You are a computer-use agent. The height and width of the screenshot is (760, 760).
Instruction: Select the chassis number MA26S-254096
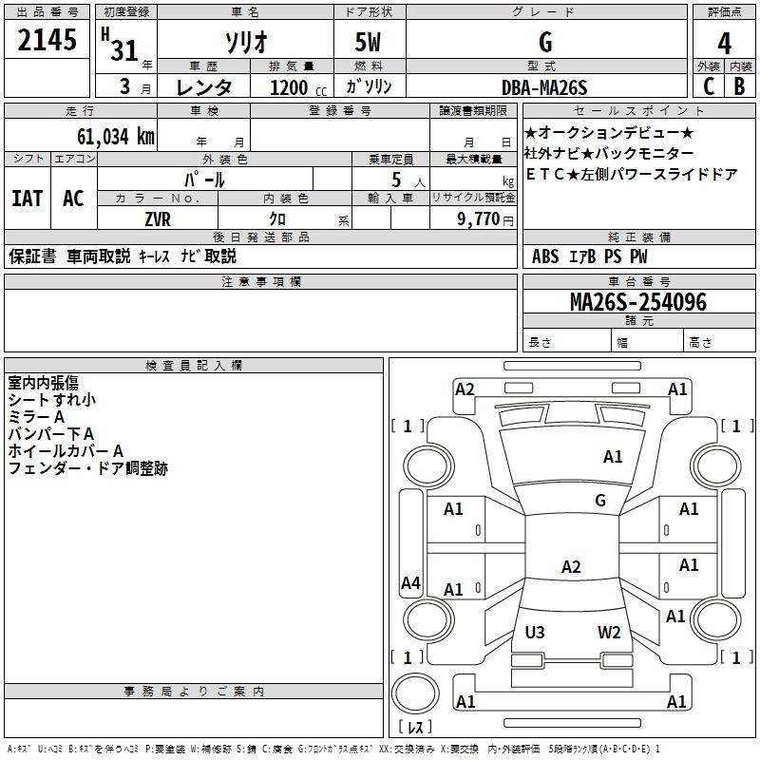pos(637,302)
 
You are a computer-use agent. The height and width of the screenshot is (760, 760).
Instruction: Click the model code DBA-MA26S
pos(545,87)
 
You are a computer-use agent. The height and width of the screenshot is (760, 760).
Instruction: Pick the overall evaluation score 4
pos(725,43)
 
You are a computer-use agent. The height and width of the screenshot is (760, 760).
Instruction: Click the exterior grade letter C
pos(709,86)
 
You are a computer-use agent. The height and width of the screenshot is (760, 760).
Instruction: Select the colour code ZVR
pos(157,218)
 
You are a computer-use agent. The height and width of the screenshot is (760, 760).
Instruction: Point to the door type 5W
pos(370,44)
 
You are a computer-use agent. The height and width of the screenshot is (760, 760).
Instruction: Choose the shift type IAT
pos(27,199)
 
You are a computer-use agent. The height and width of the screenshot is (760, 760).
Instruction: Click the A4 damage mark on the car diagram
pos(410,583)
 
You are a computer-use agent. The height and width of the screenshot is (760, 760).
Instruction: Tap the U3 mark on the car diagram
pos(535,632)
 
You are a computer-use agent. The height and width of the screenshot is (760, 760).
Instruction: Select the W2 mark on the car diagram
pos(609,632)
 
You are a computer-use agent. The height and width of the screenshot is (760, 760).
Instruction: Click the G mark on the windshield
pos(600,500)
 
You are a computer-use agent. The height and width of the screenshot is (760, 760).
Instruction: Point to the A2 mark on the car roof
pos(571,567)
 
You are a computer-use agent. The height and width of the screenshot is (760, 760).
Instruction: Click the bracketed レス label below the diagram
pos(415,727)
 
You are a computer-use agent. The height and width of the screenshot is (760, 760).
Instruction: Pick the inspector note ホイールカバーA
pos(66,451)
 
